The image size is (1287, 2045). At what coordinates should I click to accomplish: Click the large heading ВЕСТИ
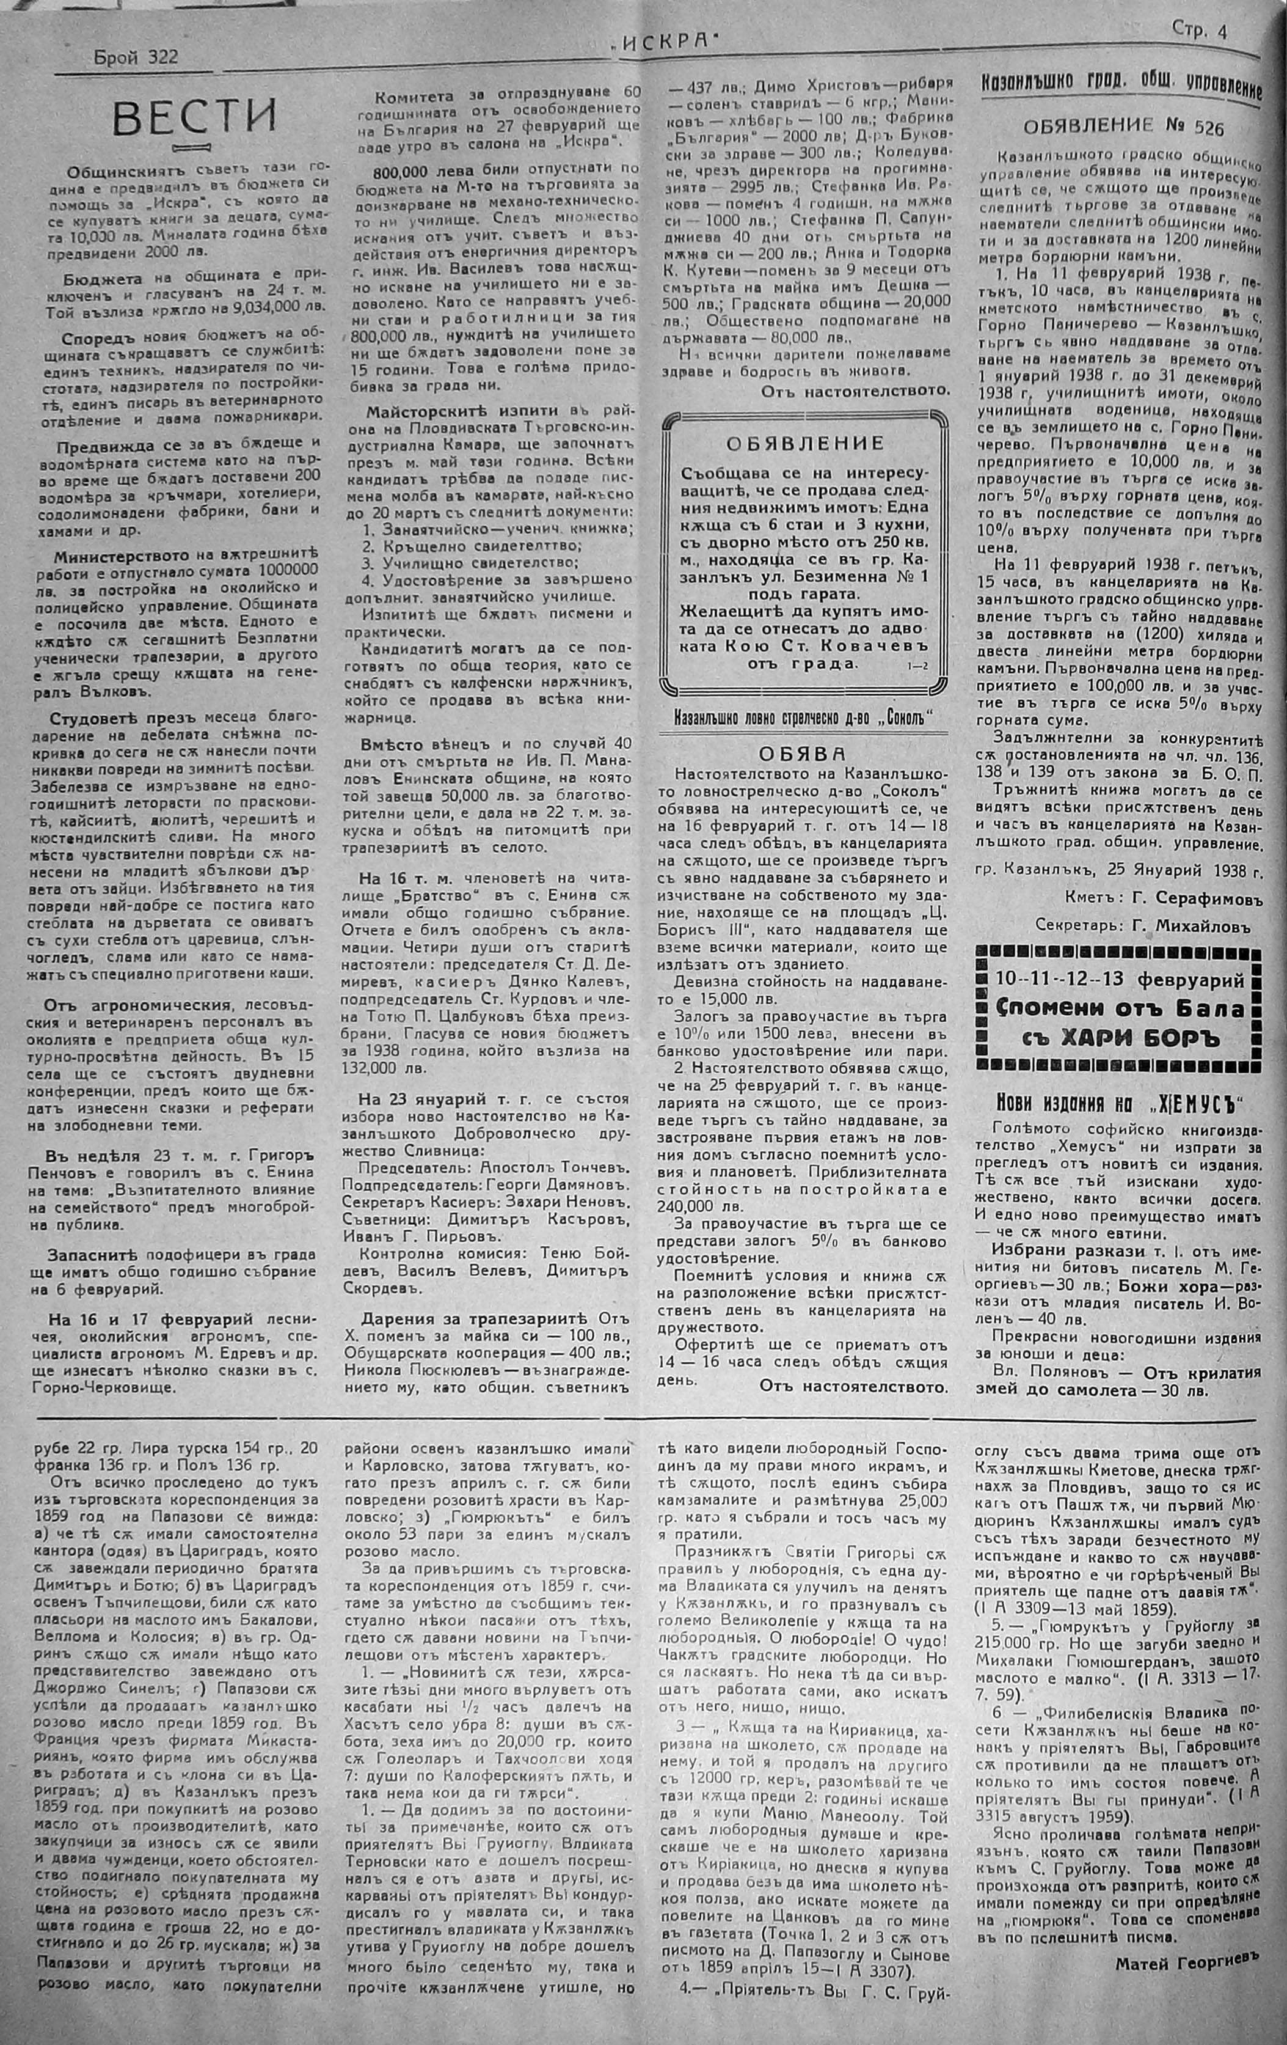[195, 117]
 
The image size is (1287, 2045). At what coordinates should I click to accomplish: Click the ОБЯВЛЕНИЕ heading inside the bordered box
[806, 442]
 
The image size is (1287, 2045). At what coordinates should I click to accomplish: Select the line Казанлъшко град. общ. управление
[1121, 85]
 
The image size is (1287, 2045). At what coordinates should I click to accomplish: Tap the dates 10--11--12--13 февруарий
[1120, 979]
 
